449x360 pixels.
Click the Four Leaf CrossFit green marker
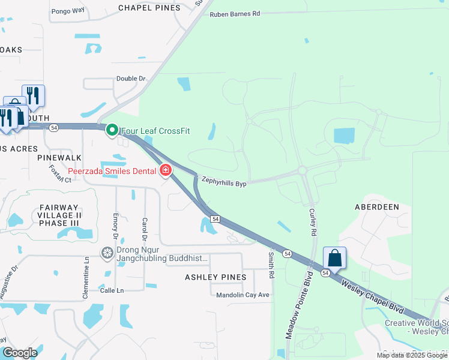112,130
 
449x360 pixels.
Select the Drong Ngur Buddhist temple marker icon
108,253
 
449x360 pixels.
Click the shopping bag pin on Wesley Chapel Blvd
334,258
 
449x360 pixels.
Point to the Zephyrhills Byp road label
224,181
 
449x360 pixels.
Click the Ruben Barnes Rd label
235,13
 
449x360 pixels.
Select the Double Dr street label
131,79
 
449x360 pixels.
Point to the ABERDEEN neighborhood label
377,206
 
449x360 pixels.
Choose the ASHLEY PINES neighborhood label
215,277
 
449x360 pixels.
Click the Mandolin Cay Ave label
243,295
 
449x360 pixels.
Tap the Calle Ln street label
111,290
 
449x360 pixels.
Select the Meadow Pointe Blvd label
300,305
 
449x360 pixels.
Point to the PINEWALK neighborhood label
59,157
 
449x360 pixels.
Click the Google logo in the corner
20,353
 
